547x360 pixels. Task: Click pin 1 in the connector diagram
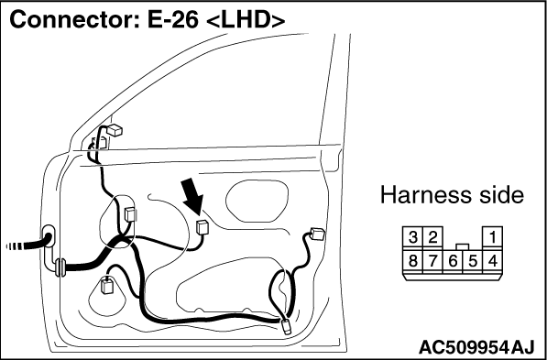click(492, 237)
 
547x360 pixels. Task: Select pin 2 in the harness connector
click(432, 237)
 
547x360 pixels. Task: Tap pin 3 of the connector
click(412, 237)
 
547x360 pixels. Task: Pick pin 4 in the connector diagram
click(492, 260)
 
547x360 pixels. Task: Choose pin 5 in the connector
click(473, 261)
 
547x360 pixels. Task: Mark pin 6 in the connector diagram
click(453, 261)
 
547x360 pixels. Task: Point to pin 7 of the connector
click(432, 260)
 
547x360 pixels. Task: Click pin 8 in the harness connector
click(412, 260)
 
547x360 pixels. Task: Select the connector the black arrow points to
click(202, 228)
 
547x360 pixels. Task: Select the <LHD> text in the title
click(246, 21)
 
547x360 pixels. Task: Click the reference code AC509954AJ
click(476, 347)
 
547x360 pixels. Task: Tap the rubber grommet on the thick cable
click(60, 267)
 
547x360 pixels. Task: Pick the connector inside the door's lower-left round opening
click(105, 286)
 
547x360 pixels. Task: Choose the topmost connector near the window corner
click(115, 130)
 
